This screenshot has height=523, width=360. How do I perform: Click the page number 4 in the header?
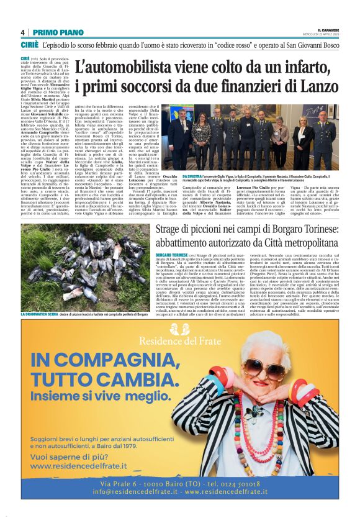(x=23, y=32)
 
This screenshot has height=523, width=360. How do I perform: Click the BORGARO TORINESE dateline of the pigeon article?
(x=171, y=255)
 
